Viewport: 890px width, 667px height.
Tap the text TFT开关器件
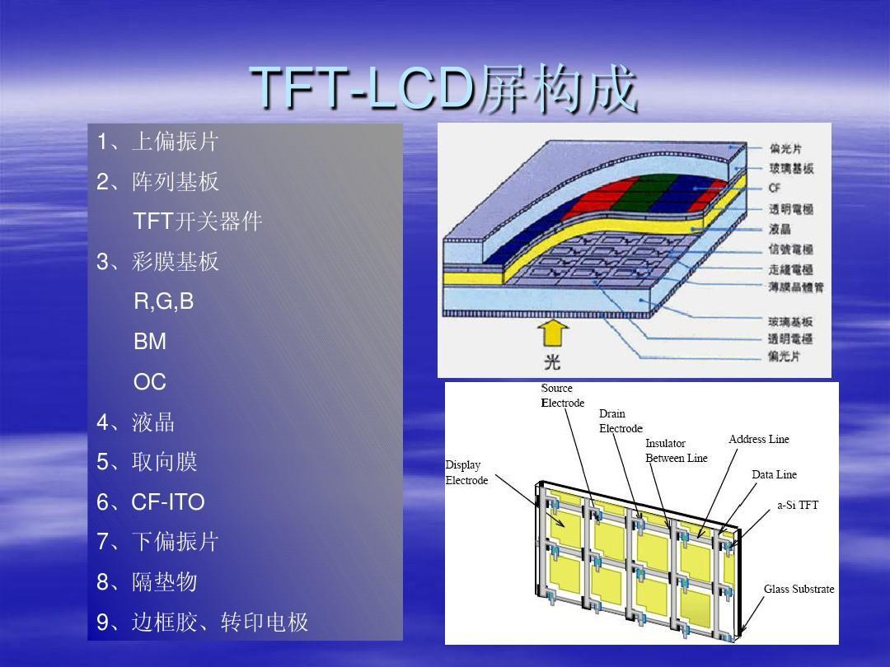click(198, 222)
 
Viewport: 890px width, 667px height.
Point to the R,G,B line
click(164, 301)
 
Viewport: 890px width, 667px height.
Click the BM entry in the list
click(150, 342)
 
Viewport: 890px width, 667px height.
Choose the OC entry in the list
click(150, 382)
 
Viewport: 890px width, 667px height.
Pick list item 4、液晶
click(135, 422)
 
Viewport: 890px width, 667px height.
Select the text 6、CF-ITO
click(151, 502)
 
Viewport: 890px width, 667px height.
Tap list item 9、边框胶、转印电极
click(202, 622)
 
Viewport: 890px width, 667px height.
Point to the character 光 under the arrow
click(554, 362)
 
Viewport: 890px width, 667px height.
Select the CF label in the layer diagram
click(775, 189)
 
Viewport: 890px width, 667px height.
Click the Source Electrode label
click(562, 395)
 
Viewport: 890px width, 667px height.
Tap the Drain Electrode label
click(621, 421)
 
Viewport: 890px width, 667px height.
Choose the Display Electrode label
click(466, 473)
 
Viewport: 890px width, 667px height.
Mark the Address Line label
click(758, 439)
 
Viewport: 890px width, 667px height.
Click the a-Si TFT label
click(798, 505)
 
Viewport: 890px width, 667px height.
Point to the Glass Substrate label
click(799, 589)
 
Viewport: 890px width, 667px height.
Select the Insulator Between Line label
click(676, 450)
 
